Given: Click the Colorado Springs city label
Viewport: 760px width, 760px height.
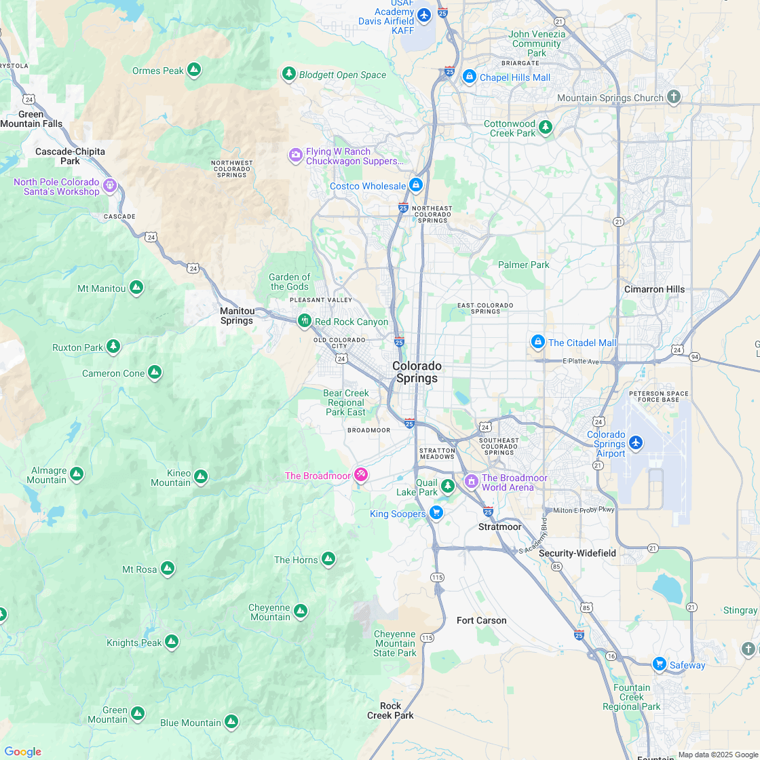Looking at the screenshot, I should tap(417, 372).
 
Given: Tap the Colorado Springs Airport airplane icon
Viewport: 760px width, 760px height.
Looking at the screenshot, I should tap(635, 442).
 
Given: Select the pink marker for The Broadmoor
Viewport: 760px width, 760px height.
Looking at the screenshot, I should tap(361, 474).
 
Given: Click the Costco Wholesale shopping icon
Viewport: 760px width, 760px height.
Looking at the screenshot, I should tap(416, 185).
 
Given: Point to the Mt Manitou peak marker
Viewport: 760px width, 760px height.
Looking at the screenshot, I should tap(136, 288).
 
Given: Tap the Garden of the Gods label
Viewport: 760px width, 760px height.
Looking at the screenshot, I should tap(289, 282).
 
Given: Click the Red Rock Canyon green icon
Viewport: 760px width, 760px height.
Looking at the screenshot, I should tap(305, 320).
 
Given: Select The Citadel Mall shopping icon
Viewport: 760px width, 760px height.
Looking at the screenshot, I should tap(537, 341).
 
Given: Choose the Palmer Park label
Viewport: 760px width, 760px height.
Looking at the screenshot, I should tap(523, 265).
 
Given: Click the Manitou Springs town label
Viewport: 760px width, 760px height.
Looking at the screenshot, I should tap(237, 316).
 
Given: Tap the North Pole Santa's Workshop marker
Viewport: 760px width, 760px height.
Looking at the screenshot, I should tap(110, 185).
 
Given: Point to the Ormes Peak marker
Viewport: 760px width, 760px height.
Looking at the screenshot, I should tap(194, 69).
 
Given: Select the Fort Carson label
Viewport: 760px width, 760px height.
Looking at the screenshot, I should tap(481, 620).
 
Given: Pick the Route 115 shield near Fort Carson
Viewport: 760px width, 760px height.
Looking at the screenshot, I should tap(427, 637).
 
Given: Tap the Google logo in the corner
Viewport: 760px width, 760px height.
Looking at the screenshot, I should tap(22, 751).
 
